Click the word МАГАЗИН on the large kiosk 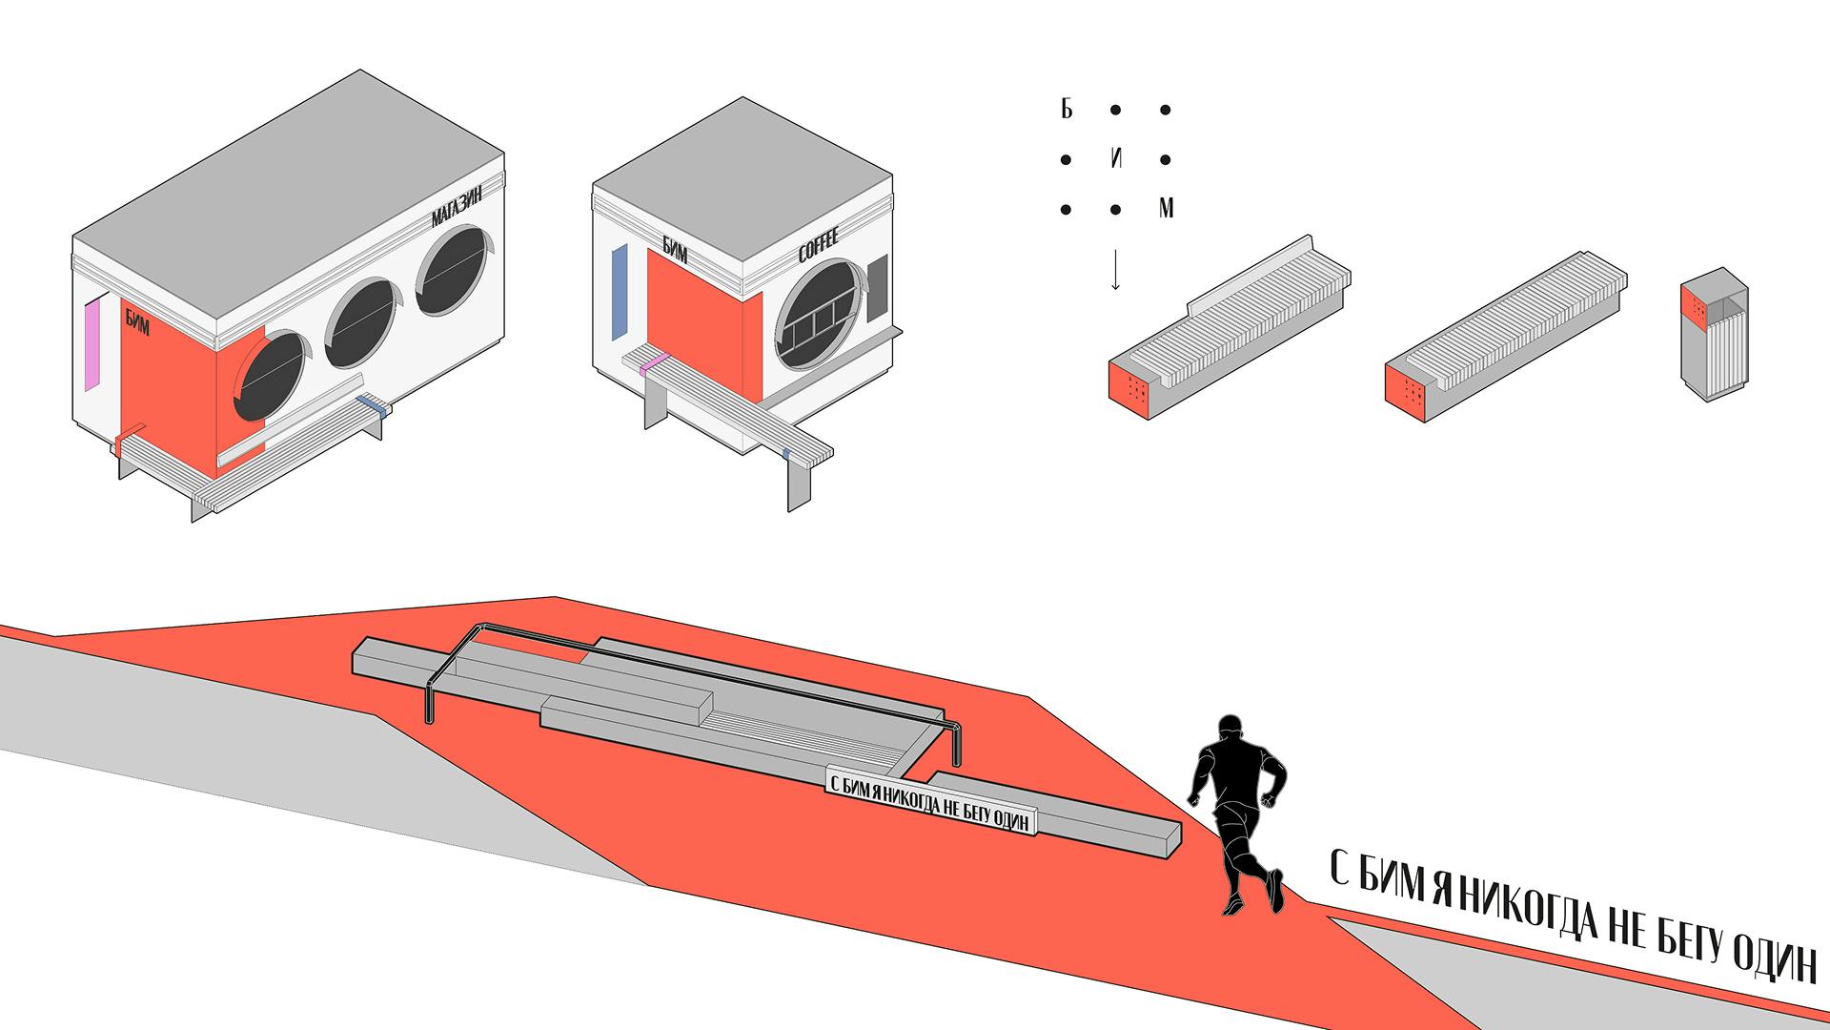tap(457, 206)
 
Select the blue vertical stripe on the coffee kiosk tap(619, 290)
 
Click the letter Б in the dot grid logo tap(1067, 110)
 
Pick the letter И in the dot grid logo tap(1116, 159)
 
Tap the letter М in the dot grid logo tap(1166, 209)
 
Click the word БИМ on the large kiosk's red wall tap(137, 319)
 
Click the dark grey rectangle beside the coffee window tap(878, 288)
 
